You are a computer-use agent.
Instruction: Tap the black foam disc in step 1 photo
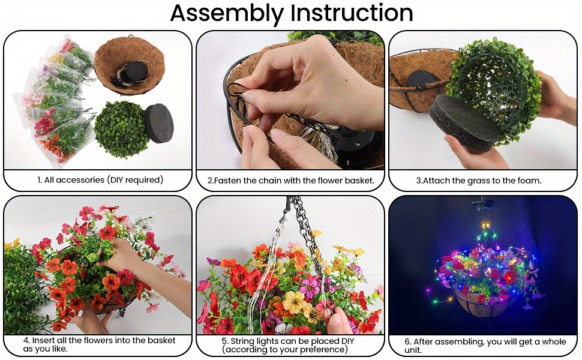158,123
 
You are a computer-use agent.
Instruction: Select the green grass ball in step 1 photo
121,129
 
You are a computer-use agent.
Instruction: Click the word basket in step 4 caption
161,340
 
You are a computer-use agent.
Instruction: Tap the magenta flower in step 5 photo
310,286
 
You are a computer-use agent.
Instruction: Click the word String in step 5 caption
242,341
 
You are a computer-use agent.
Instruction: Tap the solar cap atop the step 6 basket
482,204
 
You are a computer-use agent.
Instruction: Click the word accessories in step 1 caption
74,180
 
